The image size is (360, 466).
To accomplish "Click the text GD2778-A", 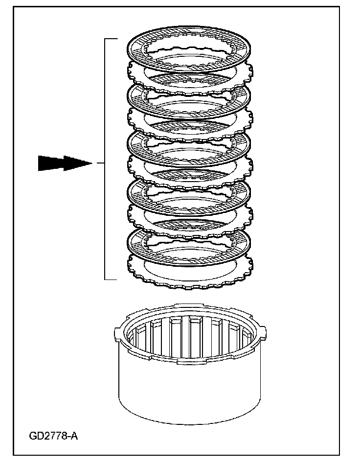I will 53,436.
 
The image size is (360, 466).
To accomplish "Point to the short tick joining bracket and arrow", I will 101,163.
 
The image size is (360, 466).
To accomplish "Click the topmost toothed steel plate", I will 135,73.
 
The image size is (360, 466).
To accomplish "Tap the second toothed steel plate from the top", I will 135,121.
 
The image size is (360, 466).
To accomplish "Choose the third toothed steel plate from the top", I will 135,170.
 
